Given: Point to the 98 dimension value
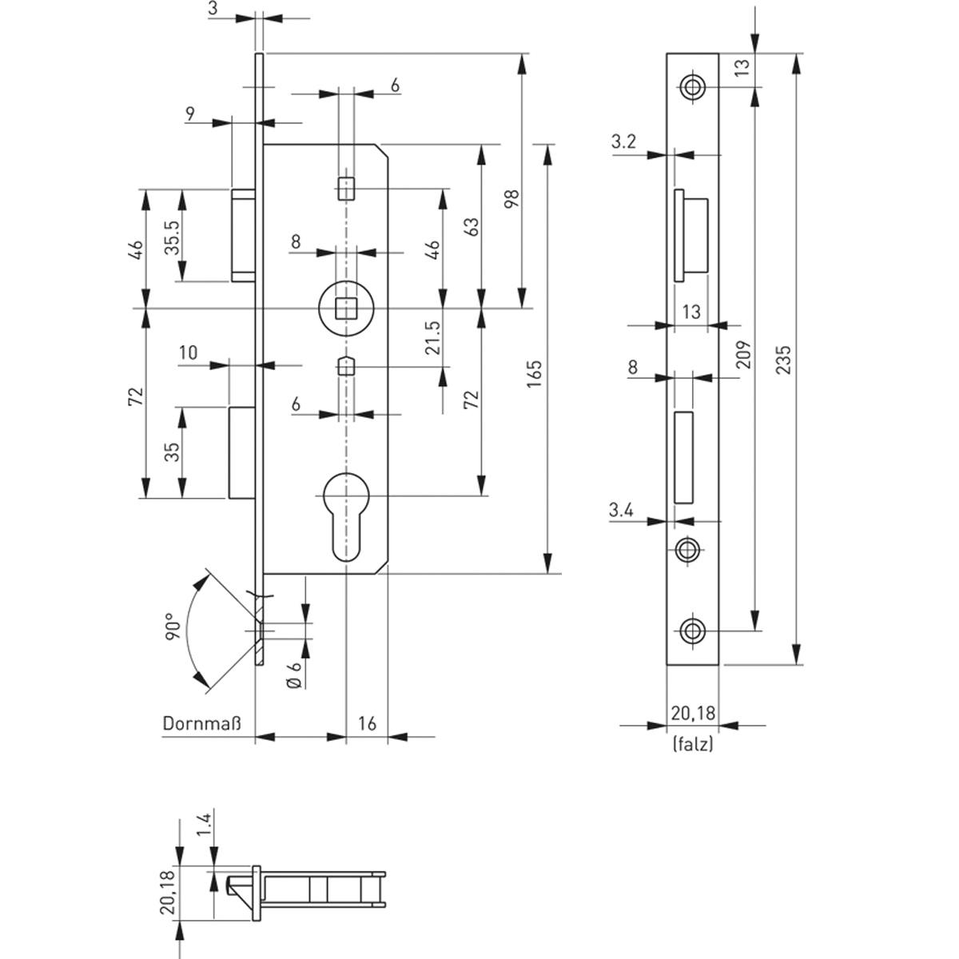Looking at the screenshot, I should [x=511, y=198].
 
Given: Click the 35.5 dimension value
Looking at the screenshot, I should [x=171, y=236].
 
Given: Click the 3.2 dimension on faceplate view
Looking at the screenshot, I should [x=623, y=142].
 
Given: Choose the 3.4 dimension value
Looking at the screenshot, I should [x=622, y=509].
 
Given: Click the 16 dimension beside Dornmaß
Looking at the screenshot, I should [x=367, y=724].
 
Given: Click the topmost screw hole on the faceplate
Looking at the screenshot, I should [x=692, y=86].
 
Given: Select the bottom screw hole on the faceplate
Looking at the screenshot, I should [x=692, y=631].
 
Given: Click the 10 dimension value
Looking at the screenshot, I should [x=188, y=352].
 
